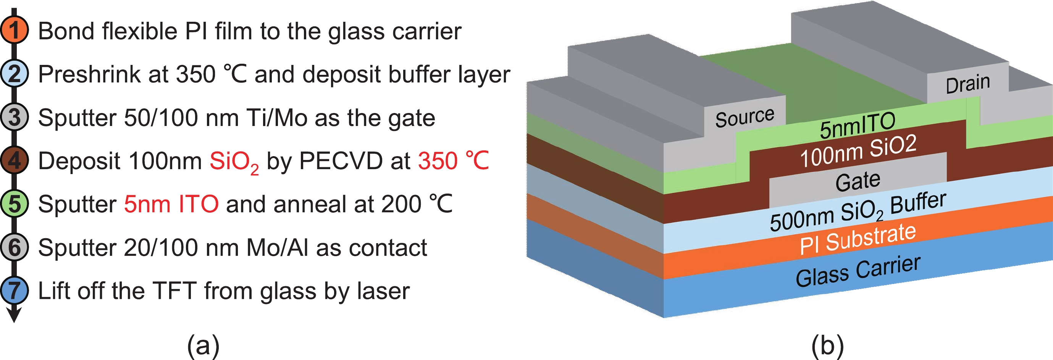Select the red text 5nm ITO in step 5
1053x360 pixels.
click(171, 204)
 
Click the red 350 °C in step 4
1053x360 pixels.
click(453, 161)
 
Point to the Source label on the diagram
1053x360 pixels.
click(745, 117)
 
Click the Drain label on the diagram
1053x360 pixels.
click(968, 84)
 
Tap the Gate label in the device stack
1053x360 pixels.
click(858, 181)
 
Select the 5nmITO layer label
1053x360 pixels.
click(858, 125)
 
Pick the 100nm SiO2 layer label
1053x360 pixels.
click(858, 152)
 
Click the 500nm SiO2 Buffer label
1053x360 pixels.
click(858, 211)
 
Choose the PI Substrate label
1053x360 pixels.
click(858, 239)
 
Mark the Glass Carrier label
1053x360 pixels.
click(858, 271)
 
